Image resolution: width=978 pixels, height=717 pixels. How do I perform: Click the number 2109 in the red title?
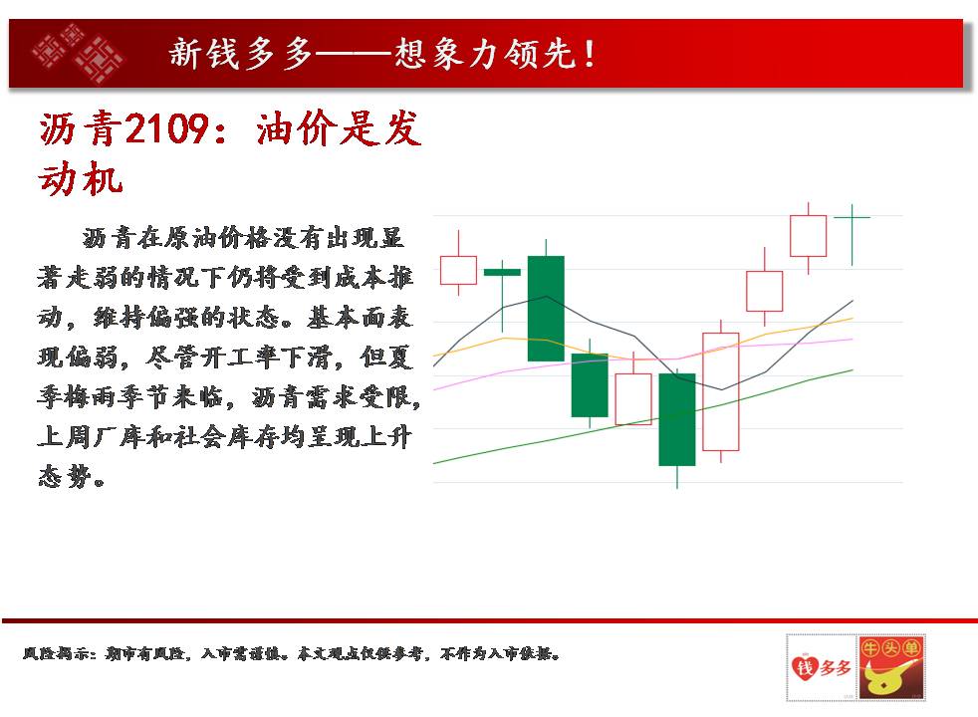point(166,128)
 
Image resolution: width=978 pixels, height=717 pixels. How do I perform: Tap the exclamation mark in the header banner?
point(590,54)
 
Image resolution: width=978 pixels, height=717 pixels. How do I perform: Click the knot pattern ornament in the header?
point(77,53)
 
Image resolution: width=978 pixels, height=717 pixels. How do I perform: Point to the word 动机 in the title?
point(81,178)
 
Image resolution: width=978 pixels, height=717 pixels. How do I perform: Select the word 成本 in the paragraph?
point(360,278)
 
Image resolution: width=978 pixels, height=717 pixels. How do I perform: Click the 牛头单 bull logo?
point(891,667)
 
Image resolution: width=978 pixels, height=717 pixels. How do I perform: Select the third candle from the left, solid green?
point(547,308)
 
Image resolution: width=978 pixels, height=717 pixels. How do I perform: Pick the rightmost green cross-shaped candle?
point(852,234)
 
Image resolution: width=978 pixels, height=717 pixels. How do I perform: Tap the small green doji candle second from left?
point(502,272)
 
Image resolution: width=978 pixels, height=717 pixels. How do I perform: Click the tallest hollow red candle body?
point(721,391)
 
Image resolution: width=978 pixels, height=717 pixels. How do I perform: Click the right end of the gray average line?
point(853,301)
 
